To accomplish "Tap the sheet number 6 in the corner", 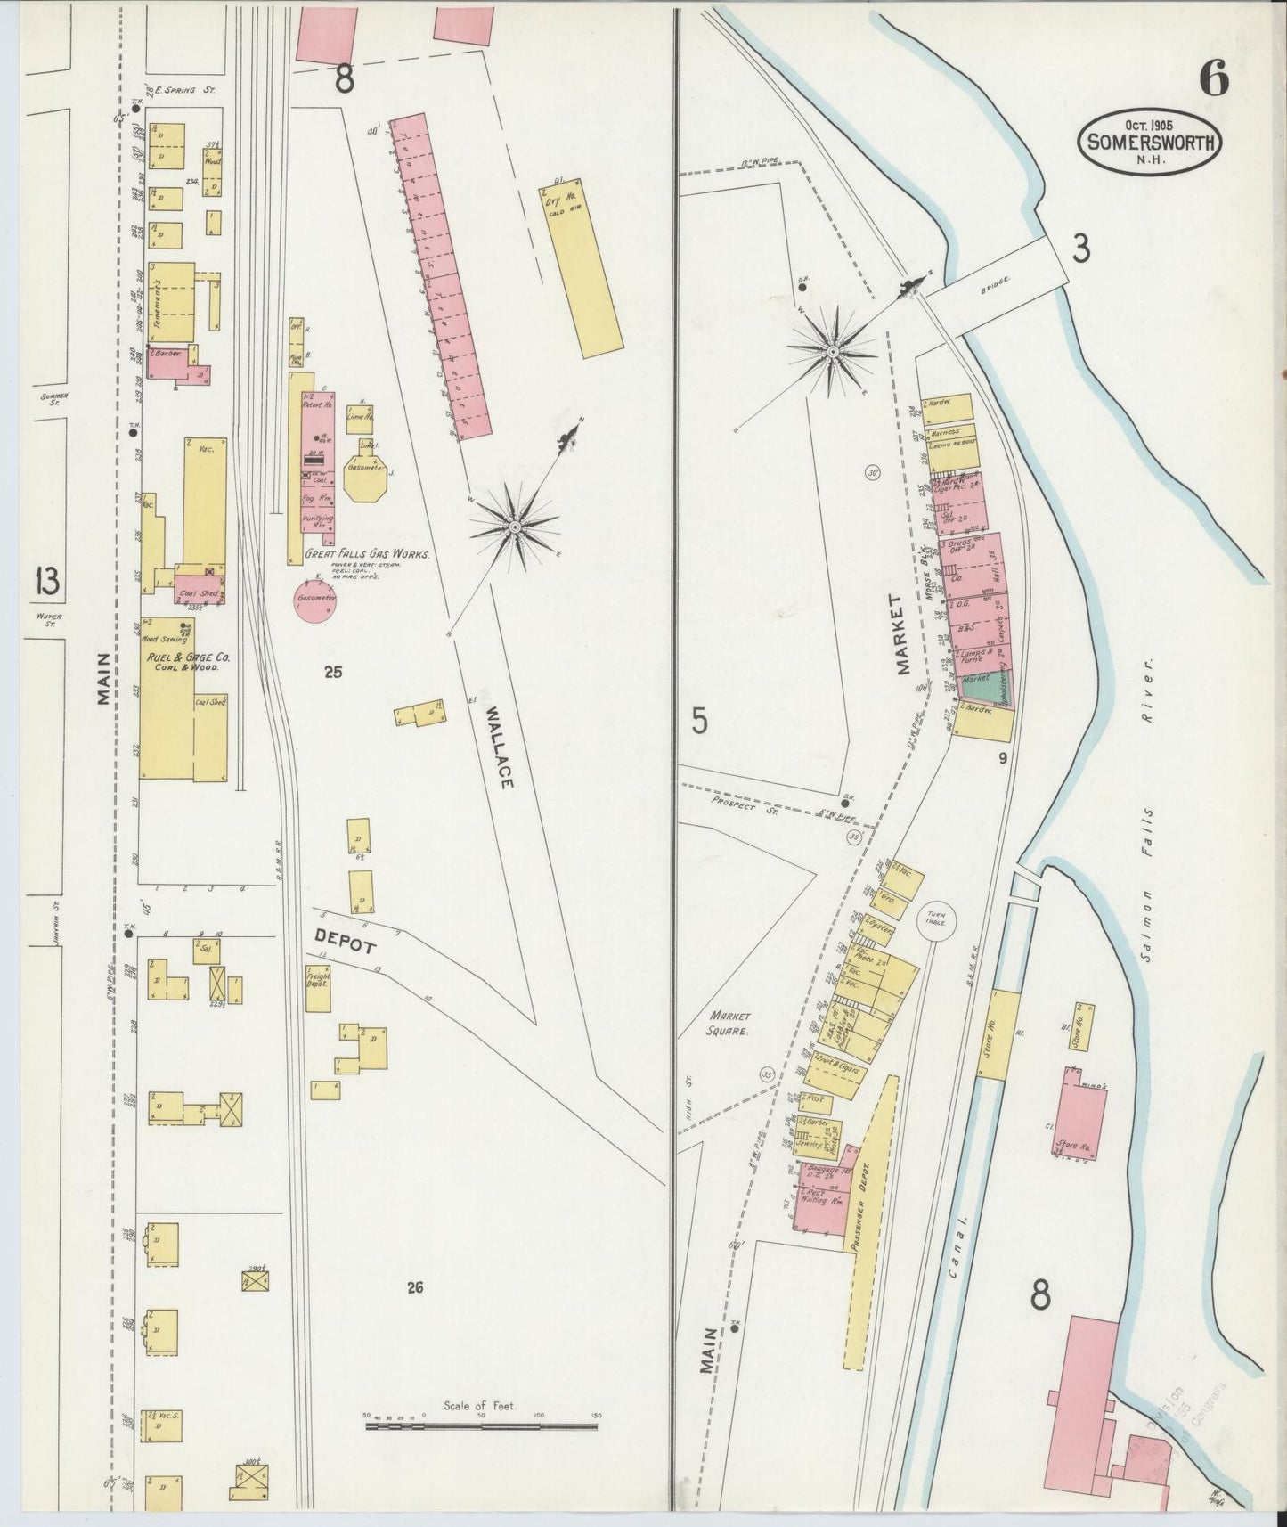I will pyautogui.click(x=1213, y=81).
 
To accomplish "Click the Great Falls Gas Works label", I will pyautogui.click(x=367, y=554).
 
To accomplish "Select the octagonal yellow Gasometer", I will pyautogui.click(x=366, y=480).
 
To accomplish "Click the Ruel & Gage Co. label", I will pyautogui.click(x=188, y=657).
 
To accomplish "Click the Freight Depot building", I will pyautogui.click(x=318, y=988).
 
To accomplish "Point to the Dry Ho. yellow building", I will pyautogui.click(x=580, y=270).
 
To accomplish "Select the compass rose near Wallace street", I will pyautogui.click(x=514, y=528).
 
